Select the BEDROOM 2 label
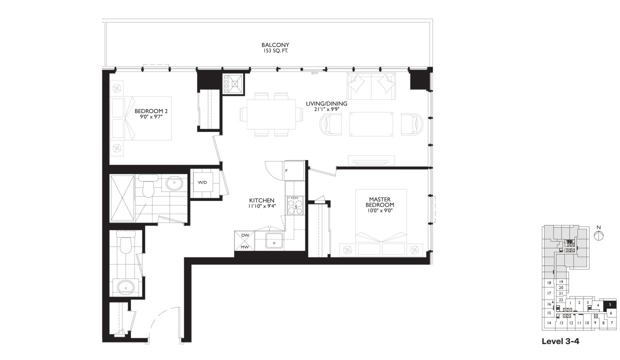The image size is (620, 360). pos(149,111)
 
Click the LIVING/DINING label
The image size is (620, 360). pos(326,103)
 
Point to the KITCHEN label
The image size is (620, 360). pos(261,199)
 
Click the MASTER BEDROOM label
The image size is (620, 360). pos(380,201)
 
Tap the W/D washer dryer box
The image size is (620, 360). pos(202,183)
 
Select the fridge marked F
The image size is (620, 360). pos(294,171)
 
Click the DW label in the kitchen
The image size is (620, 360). pos(245,235)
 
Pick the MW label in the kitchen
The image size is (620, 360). pos(245,246)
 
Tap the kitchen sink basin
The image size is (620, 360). pos(274,240)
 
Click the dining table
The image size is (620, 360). pos(271,114)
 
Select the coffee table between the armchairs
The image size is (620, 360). pos(371,124)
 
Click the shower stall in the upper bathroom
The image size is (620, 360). pos(122,197)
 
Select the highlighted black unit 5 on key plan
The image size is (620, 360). pos(610,304)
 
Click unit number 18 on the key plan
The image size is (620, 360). pos(549,283)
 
